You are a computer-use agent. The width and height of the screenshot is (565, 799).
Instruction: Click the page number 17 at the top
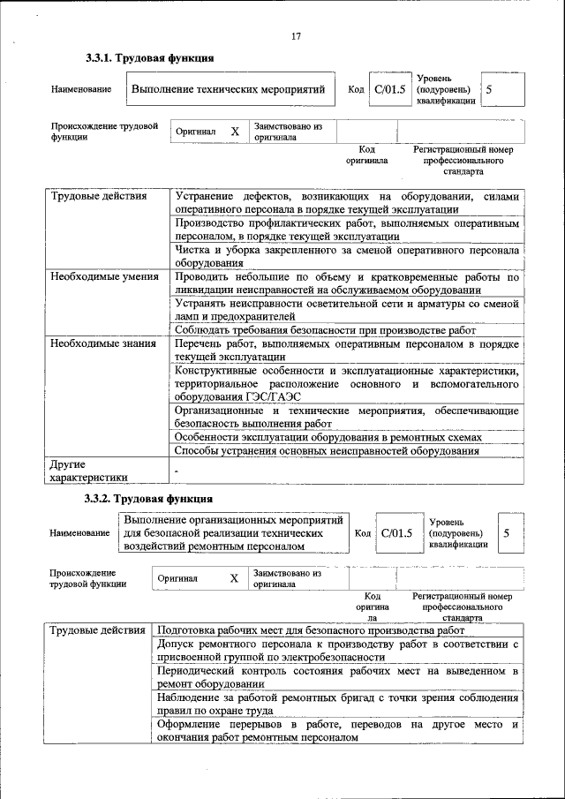pos(296,36)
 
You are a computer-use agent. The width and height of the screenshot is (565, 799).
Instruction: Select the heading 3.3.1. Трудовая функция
pos(149,59)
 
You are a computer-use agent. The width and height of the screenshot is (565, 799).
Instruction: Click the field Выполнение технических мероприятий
pos(229,90)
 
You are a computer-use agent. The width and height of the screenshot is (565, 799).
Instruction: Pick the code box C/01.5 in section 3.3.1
pos(389,90)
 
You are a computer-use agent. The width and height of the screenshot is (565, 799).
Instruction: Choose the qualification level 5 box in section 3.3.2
pos(507,533)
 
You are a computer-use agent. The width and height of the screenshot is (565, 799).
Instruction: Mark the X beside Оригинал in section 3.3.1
pos(235,132)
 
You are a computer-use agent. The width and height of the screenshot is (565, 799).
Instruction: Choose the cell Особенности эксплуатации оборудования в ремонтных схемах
pos(328,437)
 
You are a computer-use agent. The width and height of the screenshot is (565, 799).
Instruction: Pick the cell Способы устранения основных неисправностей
pos(327,451)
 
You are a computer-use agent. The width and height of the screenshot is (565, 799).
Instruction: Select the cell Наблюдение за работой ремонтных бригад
pos(336,704)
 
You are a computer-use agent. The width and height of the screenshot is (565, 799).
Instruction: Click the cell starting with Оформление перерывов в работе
pos(336,731)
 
